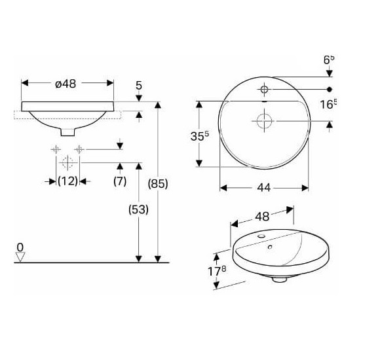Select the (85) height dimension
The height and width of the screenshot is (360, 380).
[x=158, y=184]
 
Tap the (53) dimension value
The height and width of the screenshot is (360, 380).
[x=138, y=209]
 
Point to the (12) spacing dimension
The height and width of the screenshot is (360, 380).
[x=67, y=181]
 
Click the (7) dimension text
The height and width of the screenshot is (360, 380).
[x=119, y=181]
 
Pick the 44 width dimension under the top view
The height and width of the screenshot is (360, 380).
[x=263, y=188]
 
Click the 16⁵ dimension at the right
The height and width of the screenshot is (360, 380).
[x=328, y=104]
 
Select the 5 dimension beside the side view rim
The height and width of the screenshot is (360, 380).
[x=138, y=84]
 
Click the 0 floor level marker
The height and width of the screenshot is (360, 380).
[x=20, y=247]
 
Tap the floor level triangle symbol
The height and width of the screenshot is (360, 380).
[x=20, y=257]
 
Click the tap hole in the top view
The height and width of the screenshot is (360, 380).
[x=263, y=88]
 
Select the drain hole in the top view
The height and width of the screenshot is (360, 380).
[x=263, y=121]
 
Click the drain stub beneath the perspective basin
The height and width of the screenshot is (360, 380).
[x=280, y=279]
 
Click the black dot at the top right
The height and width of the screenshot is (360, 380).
[x=330, y=88]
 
